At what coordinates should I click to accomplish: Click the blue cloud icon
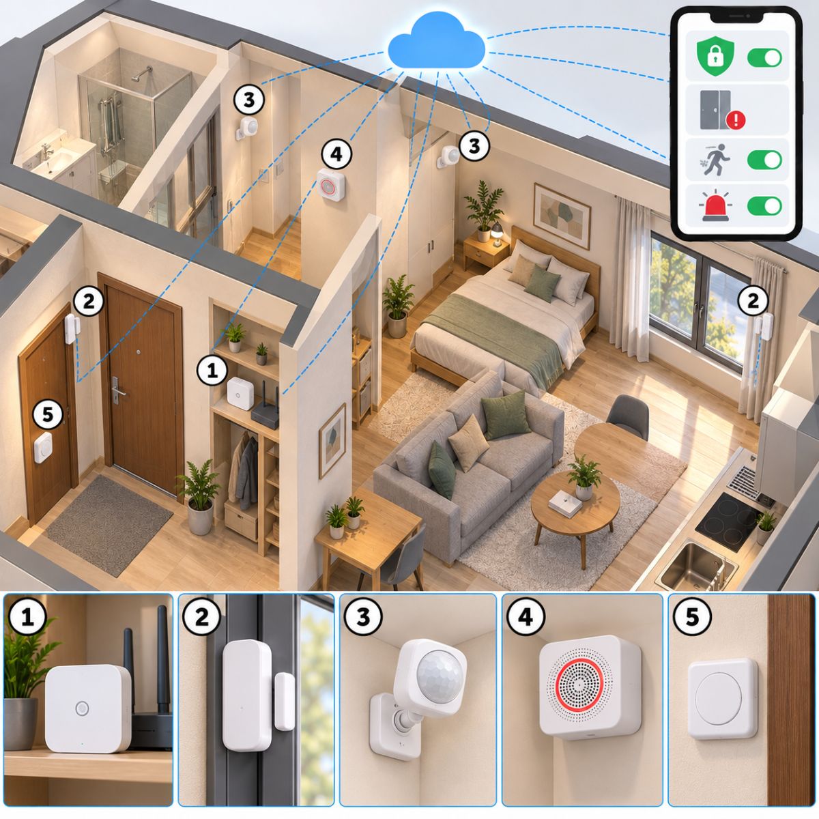(437, 41)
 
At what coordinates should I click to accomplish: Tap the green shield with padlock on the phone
(716, 57)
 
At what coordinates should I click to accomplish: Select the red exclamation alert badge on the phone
(735, 120)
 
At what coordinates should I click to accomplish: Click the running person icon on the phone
(715, 160)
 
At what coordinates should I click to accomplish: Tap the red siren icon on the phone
(715, 206)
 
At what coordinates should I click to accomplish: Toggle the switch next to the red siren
(764, 206)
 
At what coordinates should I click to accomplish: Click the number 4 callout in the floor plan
(336, 154)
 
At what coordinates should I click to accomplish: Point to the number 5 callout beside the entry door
(48, 413)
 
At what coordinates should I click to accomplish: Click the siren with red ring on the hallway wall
(331, 185)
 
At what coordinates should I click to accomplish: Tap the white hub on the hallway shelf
(240, 394)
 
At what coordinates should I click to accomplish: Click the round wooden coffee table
(575, 502)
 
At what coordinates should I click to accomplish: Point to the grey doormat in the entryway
(109, 526)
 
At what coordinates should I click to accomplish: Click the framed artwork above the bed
(562, 216)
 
